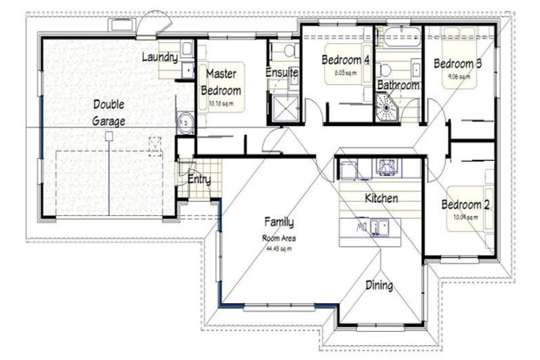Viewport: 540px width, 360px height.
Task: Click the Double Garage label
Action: click(x=108, y=112)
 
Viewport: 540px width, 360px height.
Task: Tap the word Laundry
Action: click(x=159, y=57)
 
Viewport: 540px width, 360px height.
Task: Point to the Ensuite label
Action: click(x=282, y=72)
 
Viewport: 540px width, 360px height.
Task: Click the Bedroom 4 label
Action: click(x=345, y=60)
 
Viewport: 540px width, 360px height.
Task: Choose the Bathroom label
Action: click(x=398, y=85)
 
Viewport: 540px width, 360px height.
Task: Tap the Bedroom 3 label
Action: click(x=457, y=64)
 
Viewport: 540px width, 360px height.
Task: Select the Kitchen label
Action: click(x=381, y=198)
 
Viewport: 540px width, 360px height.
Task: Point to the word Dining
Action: click(x=378, y=285)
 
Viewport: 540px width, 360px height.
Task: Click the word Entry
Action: click(x=199, y=179)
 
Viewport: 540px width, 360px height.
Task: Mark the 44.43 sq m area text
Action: click(x=278, y=247)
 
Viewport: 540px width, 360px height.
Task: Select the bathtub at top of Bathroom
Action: click(x=398, y=36)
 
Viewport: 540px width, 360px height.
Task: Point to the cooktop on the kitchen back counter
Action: click(x=385, y=167)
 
